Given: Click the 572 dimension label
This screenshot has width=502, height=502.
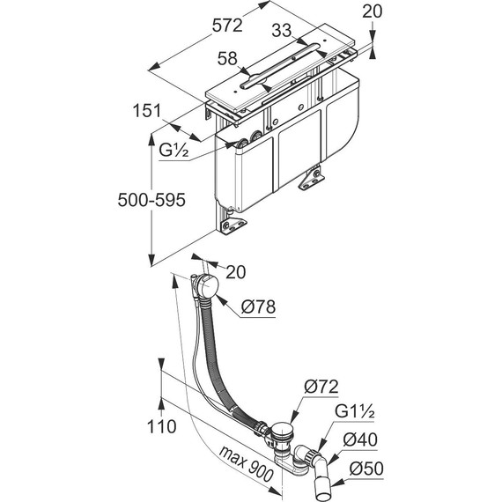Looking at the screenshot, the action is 227,26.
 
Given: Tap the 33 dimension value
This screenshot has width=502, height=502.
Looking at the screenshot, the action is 282,31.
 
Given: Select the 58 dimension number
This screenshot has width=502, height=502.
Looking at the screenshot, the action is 227,59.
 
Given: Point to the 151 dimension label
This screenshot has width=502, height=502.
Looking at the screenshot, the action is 147,110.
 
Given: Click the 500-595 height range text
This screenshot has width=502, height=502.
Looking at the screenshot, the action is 151,200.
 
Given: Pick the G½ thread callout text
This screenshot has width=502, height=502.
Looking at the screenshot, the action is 173,150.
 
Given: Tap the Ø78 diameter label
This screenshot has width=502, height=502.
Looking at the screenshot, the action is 258,307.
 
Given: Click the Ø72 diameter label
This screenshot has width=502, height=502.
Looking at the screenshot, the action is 321,387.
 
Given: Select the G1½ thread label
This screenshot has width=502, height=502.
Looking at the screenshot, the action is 354,411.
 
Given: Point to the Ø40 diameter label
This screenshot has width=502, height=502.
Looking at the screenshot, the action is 360,439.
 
